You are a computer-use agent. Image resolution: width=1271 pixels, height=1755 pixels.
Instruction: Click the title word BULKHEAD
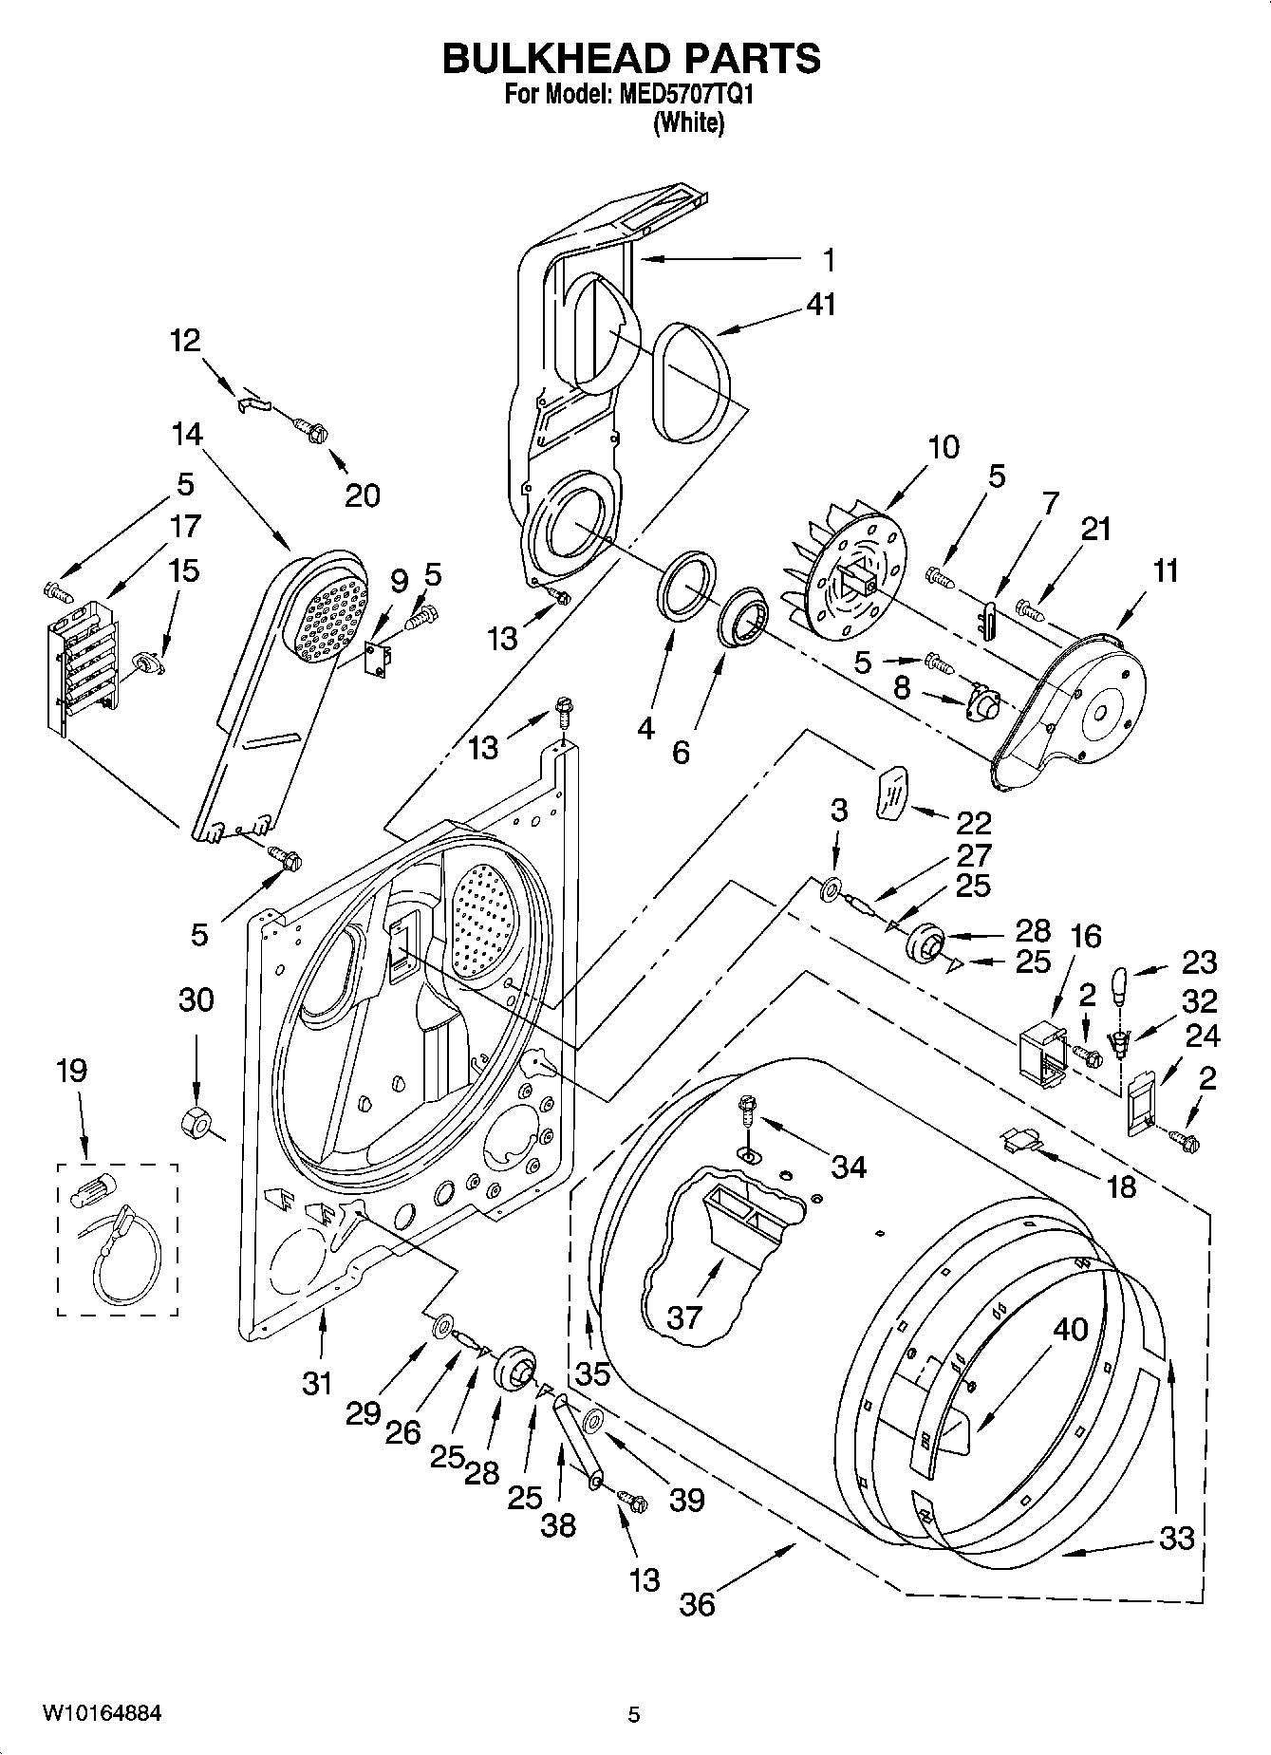(x=551, y=59)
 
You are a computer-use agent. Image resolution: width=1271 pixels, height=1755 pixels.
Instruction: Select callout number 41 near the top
(x=821, y=305)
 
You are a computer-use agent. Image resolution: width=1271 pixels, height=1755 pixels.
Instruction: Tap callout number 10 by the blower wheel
(x=943, y=446)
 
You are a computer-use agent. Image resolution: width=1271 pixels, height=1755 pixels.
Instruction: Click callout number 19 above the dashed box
(x=71, y=1071)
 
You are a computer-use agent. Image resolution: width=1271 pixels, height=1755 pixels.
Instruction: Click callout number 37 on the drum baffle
(x=684, y=1316)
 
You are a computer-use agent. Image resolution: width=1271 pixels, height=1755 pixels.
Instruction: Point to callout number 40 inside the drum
(x=1071, y=1330)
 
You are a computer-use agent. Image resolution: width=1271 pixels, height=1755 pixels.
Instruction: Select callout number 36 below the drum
(x=697, y=1604)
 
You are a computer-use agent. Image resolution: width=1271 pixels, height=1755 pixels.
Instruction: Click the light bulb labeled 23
(x=1120, y=983)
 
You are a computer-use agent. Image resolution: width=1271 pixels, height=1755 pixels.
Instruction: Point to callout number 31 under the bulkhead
(x=317, y=1383)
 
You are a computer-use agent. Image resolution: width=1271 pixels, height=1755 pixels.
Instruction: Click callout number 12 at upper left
(x=186, y=339)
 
